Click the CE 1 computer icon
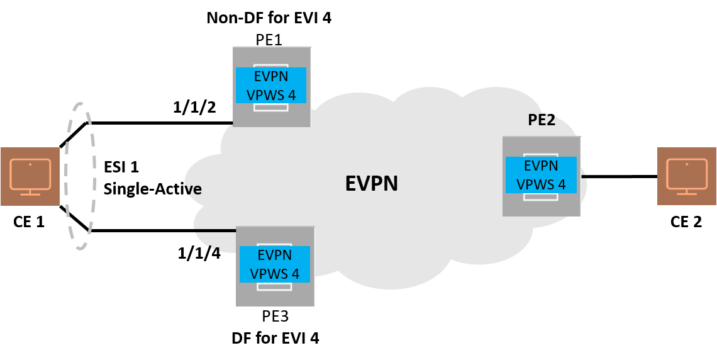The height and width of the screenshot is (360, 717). pyautogui.click(x=30, y=176)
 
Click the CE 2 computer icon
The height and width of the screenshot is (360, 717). pyautogui.click(x=686, y=176)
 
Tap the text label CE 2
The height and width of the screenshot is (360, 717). pyautogui.click(x=686, y=222)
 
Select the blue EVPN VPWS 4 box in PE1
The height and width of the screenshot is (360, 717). pyautogui.click(x=270, y=85)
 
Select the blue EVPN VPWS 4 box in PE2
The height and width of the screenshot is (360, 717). pyautogui.click(x=541, y=175)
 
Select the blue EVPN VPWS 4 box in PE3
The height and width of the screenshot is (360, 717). pyautogui.click(x=275, y=264)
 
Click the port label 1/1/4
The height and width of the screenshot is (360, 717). pyautogui.click(x=199, y=253)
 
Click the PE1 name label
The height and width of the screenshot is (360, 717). pyautogui.click(x=269, y=40)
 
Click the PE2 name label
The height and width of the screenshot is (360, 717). pyautogui.click(x=542, y=120)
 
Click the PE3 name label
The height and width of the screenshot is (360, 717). pyautogui.click(x=275, y=315)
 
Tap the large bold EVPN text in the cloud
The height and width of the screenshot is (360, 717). pyautogui.click(x=371, y=183)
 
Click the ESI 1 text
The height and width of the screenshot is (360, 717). pyautogui.click(x=121, y=167)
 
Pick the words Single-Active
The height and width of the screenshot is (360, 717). pyautogui.click(x=153, y=188)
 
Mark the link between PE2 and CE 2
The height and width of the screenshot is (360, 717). pyautogui.click(x=619, y=176)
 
